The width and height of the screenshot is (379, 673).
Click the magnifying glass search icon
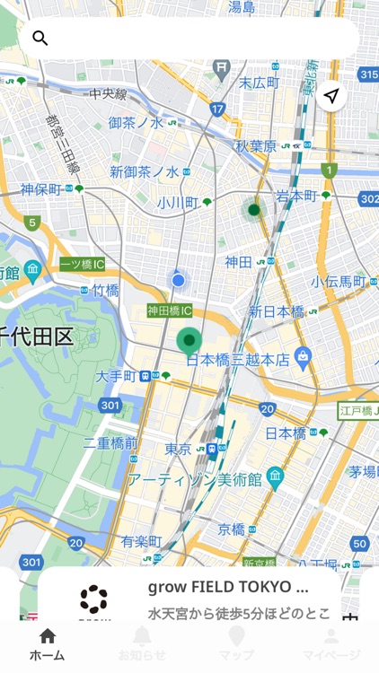[x=40, y=38]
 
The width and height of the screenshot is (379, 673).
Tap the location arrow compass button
[x=332, y=96]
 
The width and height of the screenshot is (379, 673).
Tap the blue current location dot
[x=179, y=281]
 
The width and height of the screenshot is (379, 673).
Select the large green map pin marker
[x=189, y=341]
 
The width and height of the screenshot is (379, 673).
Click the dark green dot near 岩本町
[x=254, y=210]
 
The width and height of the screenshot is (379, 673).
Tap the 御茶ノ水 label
[x=137, y=123]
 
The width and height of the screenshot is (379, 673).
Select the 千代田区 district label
[x=36, y=336]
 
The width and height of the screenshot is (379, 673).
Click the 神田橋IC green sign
[x=170, y=310]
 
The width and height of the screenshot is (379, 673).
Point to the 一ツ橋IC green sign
[x=83, y=264]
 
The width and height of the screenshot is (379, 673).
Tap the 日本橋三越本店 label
[x=238, y=359]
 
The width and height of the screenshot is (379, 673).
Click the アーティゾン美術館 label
[x=193, y=479]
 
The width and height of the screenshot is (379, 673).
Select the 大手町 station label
[x=116, y=376]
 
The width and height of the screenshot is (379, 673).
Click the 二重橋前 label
[x=110, y=443]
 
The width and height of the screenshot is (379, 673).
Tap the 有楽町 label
[x=141, y=541]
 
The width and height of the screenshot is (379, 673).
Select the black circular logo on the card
[x=93, y=599]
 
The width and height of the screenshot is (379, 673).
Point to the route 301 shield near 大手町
[x=110, y=406]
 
